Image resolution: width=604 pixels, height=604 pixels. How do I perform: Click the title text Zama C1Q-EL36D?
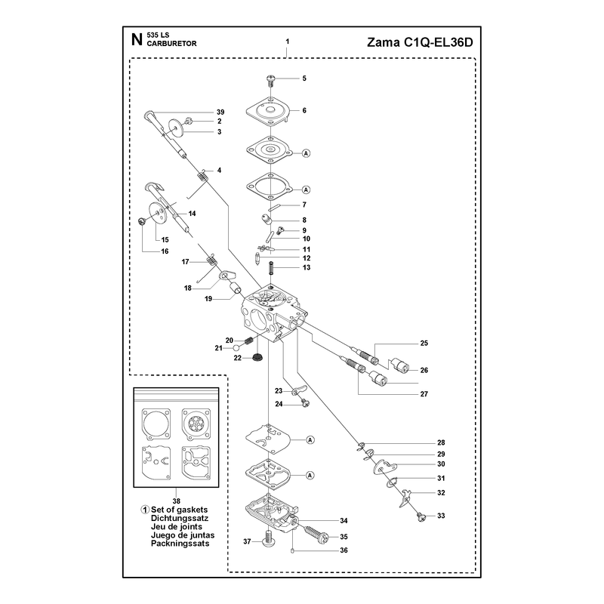tap(420, 42)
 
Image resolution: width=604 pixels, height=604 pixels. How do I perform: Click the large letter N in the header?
tap(137, 40)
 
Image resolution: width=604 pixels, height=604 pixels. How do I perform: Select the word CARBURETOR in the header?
tap(172, 44)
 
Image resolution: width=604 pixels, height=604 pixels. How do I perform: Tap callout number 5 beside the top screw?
tap(304, 79)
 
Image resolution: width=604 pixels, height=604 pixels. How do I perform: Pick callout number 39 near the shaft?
tap(220, 112)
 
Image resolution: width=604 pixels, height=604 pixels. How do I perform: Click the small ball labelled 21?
tap(236, 347)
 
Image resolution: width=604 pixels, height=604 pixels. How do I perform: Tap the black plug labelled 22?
tap(255, 357)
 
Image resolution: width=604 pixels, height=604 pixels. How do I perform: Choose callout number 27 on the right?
tap(424, 394)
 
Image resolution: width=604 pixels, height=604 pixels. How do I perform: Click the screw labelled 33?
tap(422, 516)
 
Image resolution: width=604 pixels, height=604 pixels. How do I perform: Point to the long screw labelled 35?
tap(316, 534)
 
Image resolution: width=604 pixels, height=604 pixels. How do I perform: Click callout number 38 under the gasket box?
tap(177, 501)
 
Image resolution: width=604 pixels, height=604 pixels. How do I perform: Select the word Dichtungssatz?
tap(180, 518)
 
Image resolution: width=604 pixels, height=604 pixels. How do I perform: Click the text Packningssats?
tap(180, 544)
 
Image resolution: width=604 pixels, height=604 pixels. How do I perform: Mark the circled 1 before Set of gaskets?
tap(145, 510)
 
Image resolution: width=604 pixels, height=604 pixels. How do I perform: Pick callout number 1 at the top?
tap(288, 42)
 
